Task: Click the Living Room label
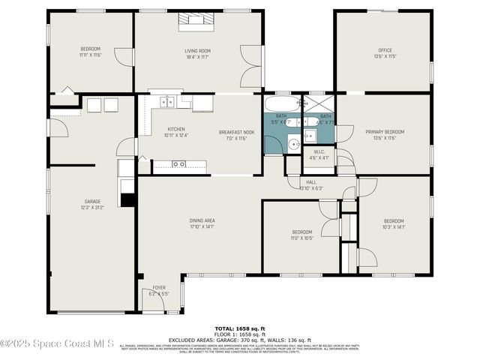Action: point(196,50)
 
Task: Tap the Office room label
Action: point(385,50)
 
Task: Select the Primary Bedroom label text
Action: point(385,132)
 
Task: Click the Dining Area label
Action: point(201,220)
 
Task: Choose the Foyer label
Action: point(159,287)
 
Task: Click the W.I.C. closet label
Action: point(319,154)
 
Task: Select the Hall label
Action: point(311,182)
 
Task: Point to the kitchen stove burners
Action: point(179,163)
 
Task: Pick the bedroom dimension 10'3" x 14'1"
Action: point(394,226)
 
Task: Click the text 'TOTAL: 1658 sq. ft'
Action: point(239,328)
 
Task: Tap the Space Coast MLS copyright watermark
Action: point(57,343)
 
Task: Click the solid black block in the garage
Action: point(129,199)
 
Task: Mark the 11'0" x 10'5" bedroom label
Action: point(301,238)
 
